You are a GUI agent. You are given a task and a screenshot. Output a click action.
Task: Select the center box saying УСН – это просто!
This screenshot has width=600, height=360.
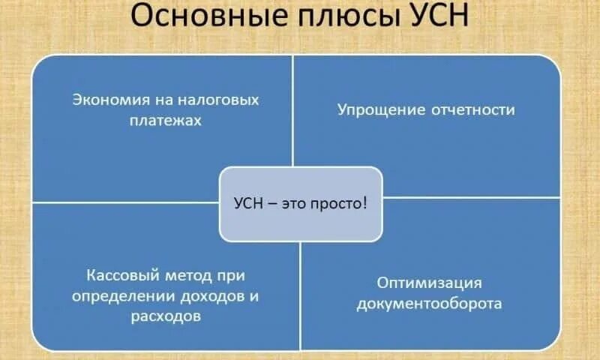[301, 204]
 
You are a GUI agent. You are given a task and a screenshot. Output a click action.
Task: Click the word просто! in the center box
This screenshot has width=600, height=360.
[343, 204]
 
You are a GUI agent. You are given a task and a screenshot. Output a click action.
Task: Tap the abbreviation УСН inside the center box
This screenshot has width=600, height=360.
[248, 204]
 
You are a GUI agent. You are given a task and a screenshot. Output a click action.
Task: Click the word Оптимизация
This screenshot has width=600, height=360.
[429, 283]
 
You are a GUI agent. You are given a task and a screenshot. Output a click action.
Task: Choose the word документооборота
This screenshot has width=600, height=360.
[429, 304]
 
